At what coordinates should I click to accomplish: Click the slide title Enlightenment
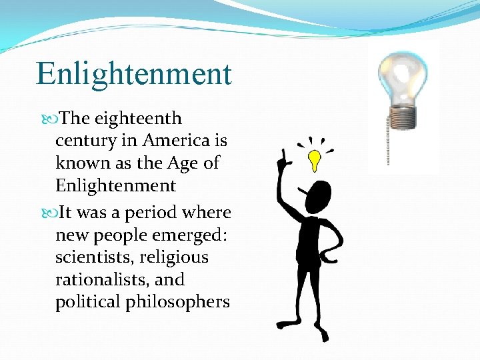point(133,73)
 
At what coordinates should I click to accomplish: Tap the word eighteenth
point(138,119)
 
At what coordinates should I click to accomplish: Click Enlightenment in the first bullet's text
point(115,185)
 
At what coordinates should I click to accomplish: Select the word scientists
point(92,257)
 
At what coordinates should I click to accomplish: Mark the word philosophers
point(187,302)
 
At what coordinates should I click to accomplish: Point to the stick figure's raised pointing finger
point(283,156)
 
